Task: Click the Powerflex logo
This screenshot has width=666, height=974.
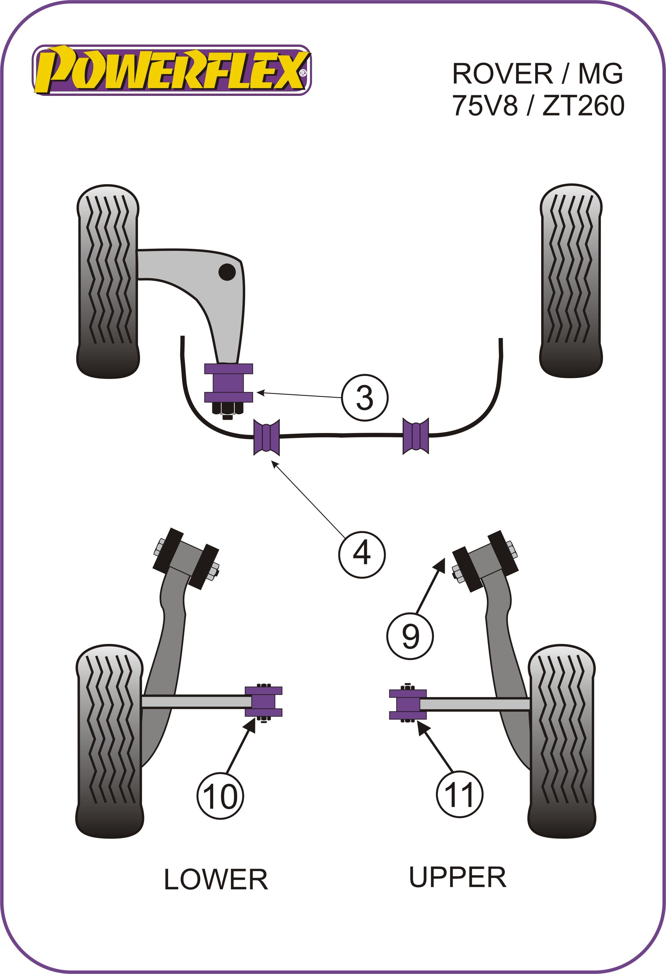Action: click(172, 70)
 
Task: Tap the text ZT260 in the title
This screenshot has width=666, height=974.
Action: click(583, 106)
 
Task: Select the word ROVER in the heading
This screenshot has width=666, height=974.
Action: click(502, 74)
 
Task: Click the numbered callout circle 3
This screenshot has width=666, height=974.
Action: click(364, 397)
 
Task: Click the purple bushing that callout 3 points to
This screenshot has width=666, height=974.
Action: click(228, 383)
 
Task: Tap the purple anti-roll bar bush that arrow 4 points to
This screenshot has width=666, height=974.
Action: click(267, 437)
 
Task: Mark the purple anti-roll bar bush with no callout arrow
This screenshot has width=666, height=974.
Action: click(415, 436)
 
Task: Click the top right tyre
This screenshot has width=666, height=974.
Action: click(571, 281)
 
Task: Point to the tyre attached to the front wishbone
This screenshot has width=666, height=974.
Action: click(108, 282)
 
